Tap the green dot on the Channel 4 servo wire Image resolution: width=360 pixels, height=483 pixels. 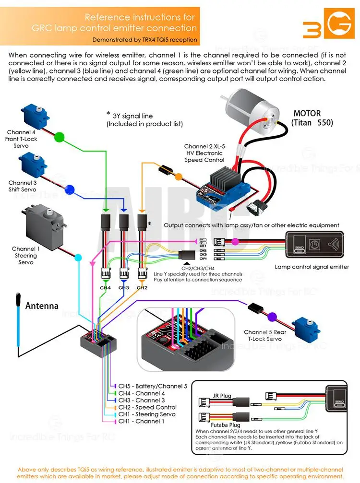coord(59,137)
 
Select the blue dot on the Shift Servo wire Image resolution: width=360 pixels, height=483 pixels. coord(71,189)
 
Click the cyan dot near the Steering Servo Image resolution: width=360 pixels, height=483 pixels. coord(78,259)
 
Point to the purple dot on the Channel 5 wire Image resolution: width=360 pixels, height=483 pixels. coord(272,316)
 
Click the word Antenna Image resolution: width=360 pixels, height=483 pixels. coord(42,306)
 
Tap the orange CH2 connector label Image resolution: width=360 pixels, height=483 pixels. coord(142,287)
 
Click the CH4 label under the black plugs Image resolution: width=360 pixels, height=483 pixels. coord(105,287)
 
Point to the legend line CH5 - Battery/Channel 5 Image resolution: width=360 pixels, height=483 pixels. coord(153,386)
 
